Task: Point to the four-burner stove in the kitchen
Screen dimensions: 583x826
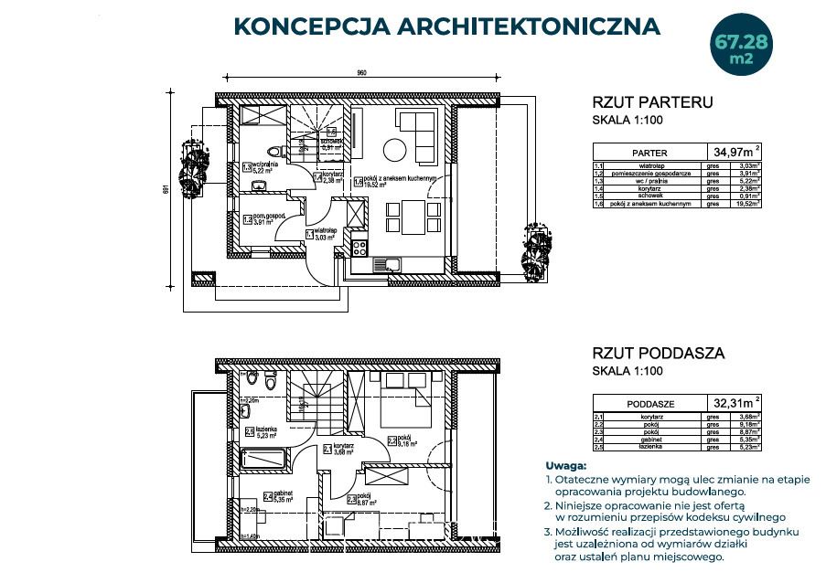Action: (x=360, y=246)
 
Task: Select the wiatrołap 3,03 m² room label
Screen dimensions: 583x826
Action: (x=326, y=235)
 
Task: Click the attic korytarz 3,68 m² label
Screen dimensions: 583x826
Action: (x=342, y=450)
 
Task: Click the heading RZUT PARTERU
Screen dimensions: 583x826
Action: (x=652, y=102)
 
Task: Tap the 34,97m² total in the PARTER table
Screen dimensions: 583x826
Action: (x=736, y=151)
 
